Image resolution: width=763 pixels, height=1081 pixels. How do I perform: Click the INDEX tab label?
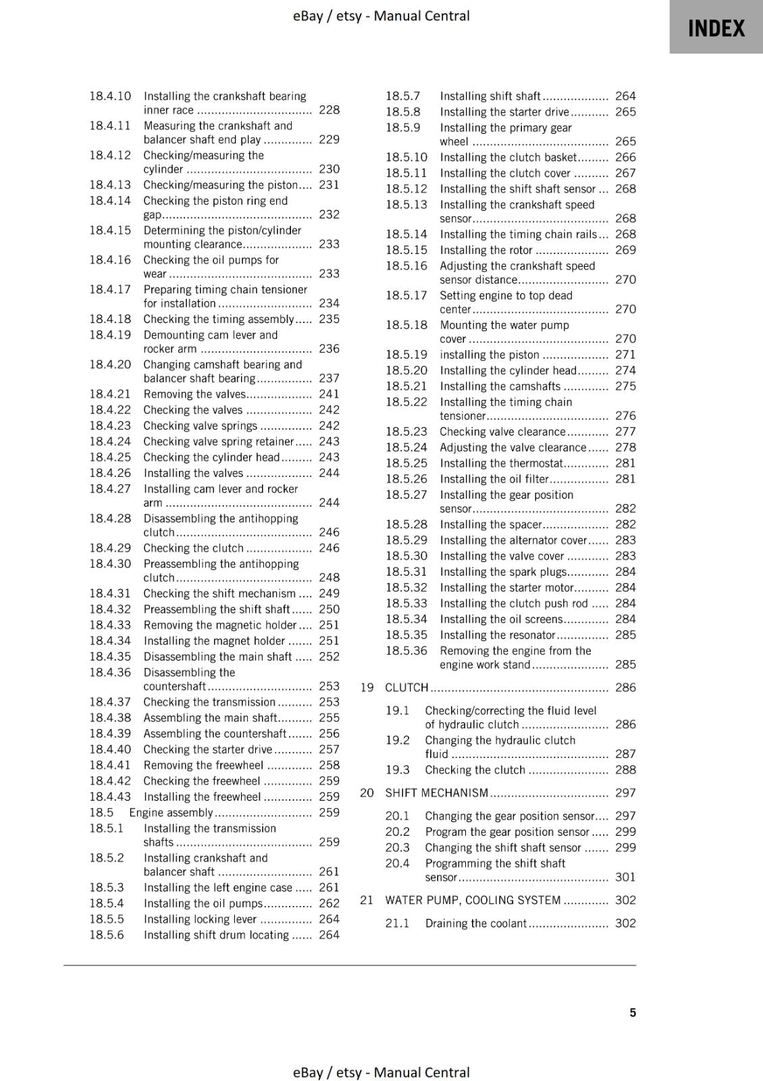click(716, 28)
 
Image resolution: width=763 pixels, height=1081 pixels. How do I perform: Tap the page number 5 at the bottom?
click(633, 1012)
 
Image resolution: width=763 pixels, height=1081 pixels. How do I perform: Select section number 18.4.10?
click(110, 96)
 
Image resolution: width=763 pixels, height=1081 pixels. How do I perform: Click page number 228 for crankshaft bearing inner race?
click(329, 110)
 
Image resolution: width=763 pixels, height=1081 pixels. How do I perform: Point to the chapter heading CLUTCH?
click(406, 687)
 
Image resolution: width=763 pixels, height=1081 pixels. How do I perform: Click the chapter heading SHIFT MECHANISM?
click(436, 793)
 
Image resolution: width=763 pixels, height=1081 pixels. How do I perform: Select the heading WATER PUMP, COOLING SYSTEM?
click(473, 900)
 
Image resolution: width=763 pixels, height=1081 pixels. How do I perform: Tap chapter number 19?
click(367, 687)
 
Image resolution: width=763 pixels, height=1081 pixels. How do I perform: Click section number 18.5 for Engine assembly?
click(101, 812)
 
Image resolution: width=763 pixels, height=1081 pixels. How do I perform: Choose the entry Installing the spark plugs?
click(503, 572)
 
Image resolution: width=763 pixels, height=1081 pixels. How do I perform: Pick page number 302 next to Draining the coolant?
click(625, 923)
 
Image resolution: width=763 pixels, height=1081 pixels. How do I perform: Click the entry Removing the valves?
click(194, 394)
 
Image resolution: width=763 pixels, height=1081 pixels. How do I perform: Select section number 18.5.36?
click(406, 651)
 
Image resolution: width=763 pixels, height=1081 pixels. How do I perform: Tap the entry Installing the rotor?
click(486, 250)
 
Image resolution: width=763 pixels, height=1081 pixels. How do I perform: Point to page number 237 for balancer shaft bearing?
click(329, 378)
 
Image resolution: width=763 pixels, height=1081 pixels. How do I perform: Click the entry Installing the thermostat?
click(501, 463)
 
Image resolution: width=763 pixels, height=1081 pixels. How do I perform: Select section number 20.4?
click(398, 863)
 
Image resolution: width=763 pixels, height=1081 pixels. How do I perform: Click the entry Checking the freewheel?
click(201, 780)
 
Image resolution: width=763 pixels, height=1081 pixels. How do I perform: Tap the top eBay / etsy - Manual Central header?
click(381, 16)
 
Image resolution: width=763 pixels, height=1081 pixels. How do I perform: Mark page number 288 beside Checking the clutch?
click(625, 770)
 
